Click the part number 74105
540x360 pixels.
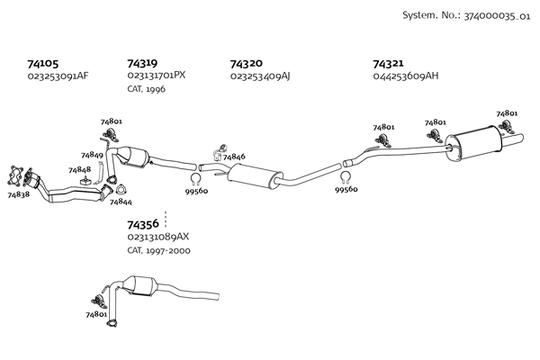pyautogui.click(x=43, y=64)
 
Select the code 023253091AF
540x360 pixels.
pyautogui.click(x=58, y=76)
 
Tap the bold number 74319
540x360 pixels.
pyautogui.click(x=142, y=64)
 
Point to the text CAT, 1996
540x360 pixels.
pyautogui.click(x=145, y=88)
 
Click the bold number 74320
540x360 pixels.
pyautogui.click(x=246, y=64)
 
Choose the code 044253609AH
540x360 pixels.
pyautogui.click(x=405, y=76)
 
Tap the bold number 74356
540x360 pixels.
pyautogui.click(x=143, y=224)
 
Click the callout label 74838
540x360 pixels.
pyautogui.click(x=18, y=194)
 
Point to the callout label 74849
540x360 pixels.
pyautogui.click(x=92, y=155)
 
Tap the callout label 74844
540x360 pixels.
pyautogui.click(x=121, y=202)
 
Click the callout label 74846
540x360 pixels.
pyautogui.click(x=234, y=157)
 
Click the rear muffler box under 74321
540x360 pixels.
pyautogui.click(x=477, y=143)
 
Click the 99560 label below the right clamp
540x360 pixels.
pyautogui.click(x=346, y=190)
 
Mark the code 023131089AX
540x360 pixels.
pyautogui.click(x=158, y=237)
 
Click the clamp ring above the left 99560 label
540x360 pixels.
pyautogui.click(x=195, y=178)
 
